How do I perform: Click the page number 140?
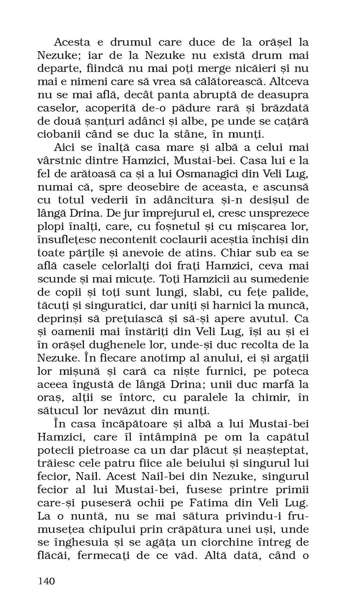point(46,581)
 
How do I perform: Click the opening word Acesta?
point(72,43)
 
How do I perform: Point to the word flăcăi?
point(54,555)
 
